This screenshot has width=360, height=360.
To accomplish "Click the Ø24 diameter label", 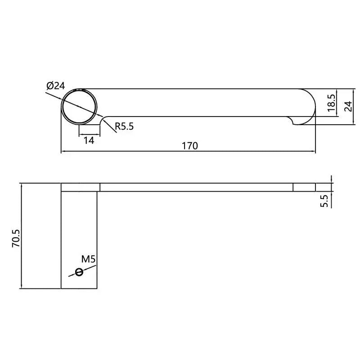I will [x=55, y=85].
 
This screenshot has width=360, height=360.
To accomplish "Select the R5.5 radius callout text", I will [x=124, y=126].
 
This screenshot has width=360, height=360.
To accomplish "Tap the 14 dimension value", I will [x=89, y=140].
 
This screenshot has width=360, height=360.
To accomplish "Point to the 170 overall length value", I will [x=189, y=145].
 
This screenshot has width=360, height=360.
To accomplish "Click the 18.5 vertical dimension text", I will [x=332, y=103].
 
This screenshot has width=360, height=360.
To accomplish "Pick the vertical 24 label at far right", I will [x=347, y=106].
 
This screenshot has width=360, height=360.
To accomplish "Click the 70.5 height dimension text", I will [x=16, y=236].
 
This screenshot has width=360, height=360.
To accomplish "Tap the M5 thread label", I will [x=89, y=259].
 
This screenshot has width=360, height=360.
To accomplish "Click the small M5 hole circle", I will [x=80, y=271].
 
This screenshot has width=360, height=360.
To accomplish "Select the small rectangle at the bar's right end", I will [x=304, y=187].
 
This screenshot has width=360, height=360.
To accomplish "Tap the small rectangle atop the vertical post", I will [x=80, y=187].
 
